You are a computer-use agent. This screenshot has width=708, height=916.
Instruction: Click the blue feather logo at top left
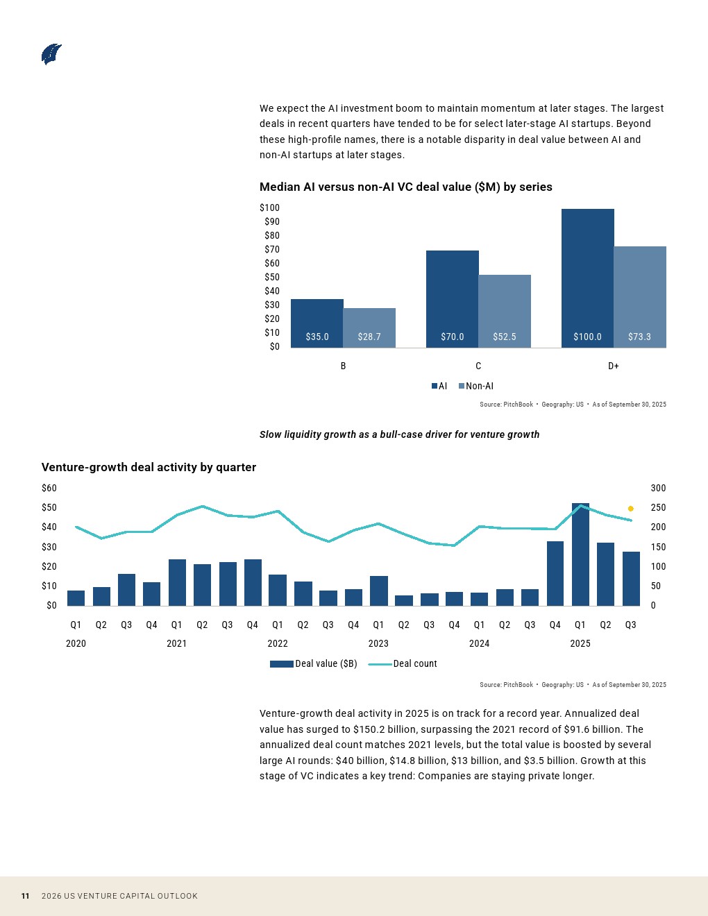point(51,54)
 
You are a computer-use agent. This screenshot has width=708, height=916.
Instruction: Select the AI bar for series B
point(317,323)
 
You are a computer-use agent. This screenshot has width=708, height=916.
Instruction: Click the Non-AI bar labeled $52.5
point(505,311)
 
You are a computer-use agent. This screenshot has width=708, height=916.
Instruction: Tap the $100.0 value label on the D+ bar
point(587,337)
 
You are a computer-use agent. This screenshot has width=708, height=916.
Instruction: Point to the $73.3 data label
point(639,337)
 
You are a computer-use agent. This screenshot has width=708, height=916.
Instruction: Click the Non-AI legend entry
point(475,386)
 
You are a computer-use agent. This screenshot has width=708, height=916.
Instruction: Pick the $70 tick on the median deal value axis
point(272,249)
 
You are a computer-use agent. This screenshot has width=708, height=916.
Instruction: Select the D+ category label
point(614,366)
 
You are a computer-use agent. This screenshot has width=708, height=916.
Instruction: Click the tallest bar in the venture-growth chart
point(580,554)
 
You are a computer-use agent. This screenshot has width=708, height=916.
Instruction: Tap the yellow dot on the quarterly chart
point(631,509)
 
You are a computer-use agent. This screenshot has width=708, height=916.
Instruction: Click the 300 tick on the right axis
point(658,488)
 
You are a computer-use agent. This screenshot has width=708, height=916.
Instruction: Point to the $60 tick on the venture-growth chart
point(49,488)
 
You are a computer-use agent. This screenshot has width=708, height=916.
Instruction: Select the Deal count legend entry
point(403,663)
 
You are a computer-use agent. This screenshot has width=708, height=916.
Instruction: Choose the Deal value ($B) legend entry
point(313,663)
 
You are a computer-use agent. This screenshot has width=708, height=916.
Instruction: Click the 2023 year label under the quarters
point(378,643)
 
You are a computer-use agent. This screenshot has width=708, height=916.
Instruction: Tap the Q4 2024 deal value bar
point(555,573)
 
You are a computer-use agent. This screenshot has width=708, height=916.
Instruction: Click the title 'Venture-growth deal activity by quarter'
point(149,467)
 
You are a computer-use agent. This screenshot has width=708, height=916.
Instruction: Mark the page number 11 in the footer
point(25,896)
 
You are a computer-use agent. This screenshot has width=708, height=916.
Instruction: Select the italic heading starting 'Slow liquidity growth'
point(399,434)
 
